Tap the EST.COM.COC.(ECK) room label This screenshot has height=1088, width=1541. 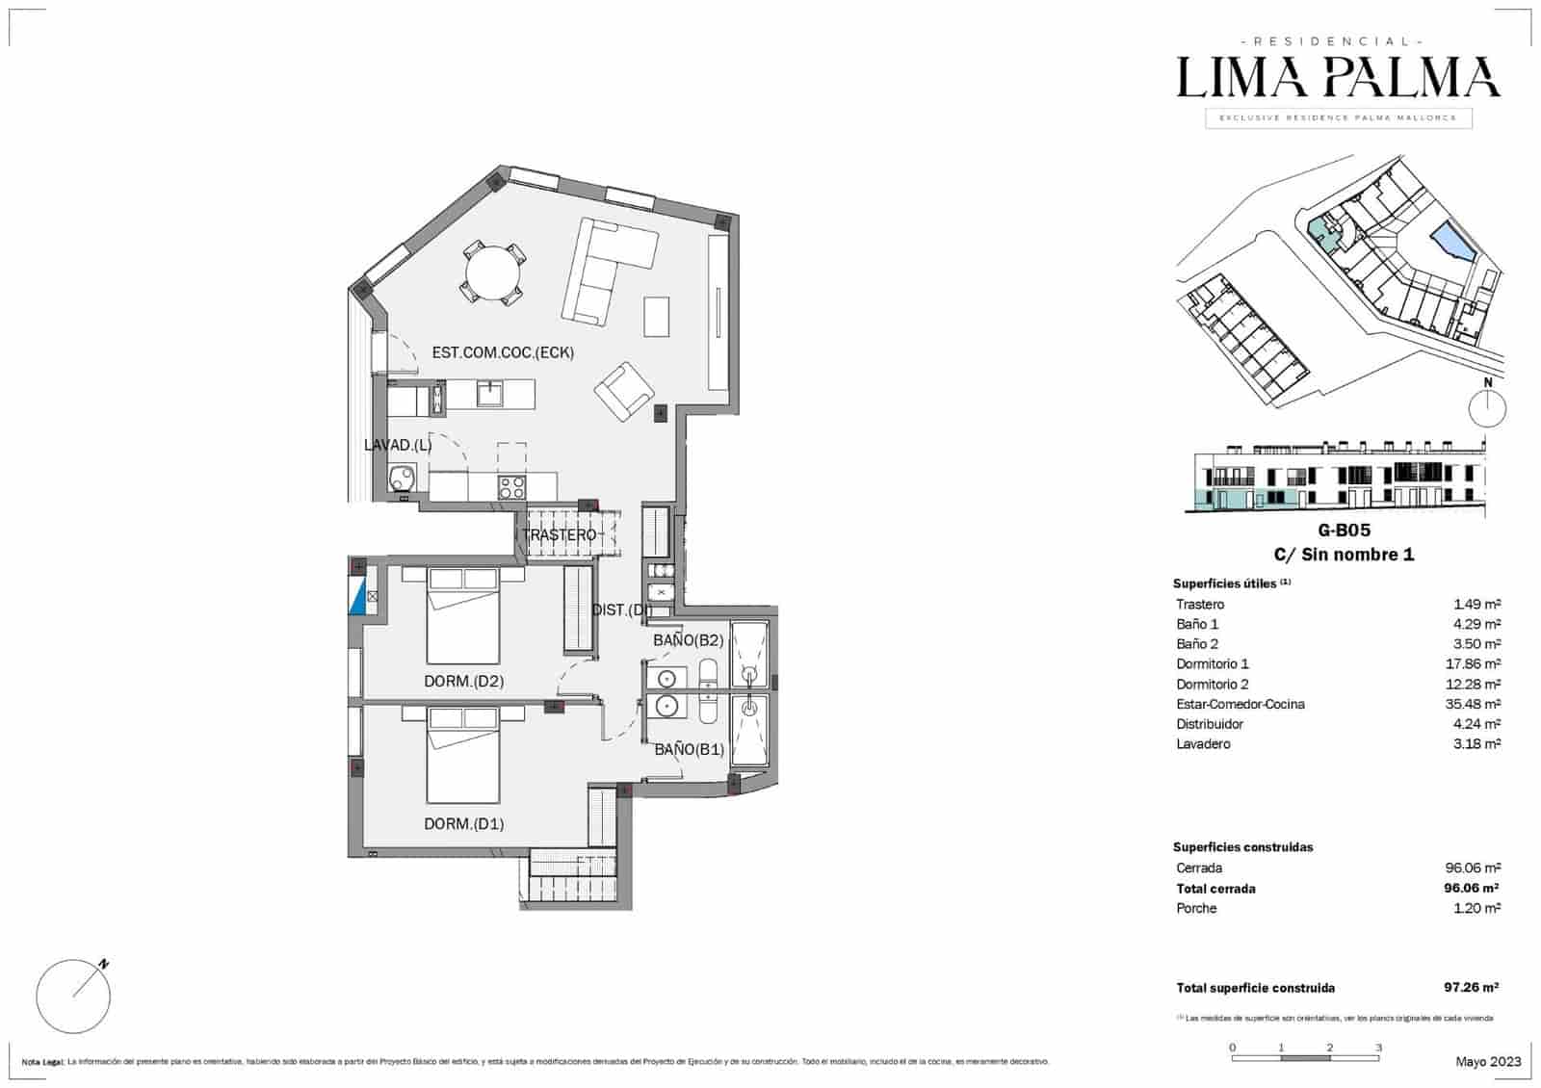[503, 353]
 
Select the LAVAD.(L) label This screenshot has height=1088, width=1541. [398, 445]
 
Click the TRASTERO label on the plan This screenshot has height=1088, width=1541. [560, 535]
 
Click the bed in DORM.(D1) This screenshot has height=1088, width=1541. [464, 755]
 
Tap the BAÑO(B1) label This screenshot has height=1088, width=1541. [689, 749]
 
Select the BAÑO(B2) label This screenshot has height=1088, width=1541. [688, 640]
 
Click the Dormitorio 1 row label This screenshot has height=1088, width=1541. [1212, 663]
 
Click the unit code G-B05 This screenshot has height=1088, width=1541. [1344, 531]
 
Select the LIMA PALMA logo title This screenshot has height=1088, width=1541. [1338, 78]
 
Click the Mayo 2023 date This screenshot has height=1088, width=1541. [1488, 1061]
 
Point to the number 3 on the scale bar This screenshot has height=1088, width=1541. [1378, 1048]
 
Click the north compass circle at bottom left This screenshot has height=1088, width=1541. [73, 997]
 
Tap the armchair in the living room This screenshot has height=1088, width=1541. [624, 391]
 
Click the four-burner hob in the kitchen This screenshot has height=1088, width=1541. [511, 487]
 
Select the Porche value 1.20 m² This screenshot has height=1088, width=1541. [1476, 908]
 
